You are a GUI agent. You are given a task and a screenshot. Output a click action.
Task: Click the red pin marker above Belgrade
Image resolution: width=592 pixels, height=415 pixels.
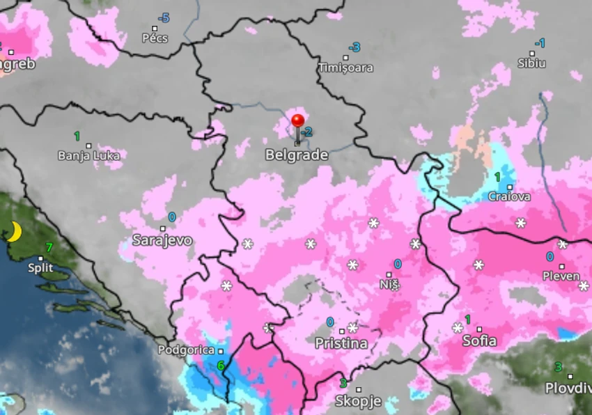coord(298,123)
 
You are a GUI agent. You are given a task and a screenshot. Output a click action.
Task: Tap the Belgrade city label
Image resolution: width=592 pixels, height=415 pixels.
coord(297,155)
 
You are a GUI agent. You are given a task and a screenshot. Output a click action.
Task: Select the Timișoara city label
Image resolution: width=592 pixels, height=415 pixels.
coord(345,68)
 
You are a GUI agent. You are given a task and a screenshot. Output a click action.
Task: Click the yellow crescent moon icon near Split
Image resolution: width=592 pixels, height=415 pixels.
coord(14,232)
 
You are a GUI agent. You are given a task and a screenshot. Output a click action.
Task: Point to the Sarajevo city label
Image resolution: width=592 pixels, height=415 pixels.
coord(162,240)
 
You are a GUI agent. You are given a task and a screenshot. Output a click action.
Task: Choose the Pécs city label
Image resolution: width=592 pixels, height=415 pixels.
coord(155,38)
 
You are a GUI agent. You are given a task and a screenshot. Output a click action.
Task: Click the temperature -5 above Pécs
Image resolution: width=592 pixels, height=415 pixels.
coord(164,18)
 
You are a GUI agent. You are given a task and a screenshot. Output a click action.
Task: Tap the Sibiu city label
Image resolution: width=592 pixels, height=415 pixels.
coord(532,63)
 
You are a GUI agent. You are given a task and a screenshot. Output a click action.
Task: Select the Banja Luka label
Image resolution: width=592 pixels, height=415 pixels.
coord(88,155)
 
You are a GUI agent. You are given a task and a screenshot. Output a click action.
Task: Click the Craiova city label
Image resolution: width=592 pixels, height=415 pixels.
coord(509,196)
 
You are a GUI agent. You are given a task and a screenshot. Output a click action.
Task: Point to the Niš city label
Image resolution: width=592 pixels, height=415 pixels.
coord(390,284)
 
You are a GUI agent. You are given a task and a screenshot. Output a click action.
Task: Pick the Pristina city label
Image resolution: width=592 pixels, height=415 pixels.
coord(341,343)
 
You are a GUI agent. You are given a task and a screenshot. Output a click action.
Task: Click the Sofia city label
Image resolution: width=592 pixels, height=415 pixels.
coord(480,340)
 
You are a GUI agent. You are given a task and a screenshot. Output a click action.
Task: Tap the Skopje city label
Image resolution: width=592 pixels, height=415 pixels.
coord(358,401)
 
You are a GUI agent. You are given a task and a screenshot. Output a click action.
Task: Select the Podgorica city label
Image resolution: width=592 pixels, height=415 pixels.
coord(186,350)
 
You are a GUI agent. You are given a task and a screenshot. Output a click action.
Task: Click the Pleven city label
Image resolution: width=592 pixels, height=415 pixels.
coord(561,276)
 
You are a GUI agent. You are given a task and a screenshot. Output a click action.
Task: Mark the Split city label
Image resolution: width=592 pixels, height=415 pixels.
coord(40,267)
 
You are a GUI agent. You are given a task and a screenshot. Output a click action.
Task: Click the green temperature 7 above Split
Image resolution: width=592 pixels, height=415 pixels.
coord(49,246)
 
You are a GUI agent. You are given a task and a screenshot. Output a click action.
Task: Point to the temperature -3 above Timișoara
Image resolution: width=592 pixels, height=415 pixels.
coord(355,47)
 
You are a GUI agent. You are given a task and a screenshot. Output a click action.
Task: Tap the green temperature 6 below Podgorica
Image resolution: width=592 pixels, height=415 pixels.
coord(220,366)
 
